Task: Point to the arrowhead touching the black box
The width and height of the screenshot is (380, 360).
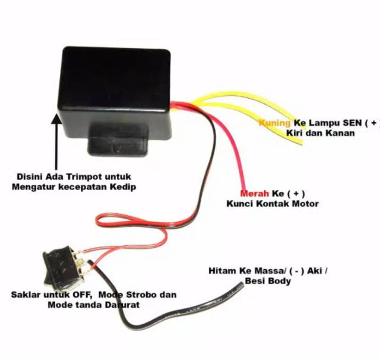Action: click(x=56, y=119)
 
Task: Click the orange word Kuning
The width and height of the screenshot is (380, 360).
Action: click(x=274, y=123)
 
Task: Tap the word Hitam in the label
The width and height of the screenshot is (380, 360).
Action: click(x=220, y=271)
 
